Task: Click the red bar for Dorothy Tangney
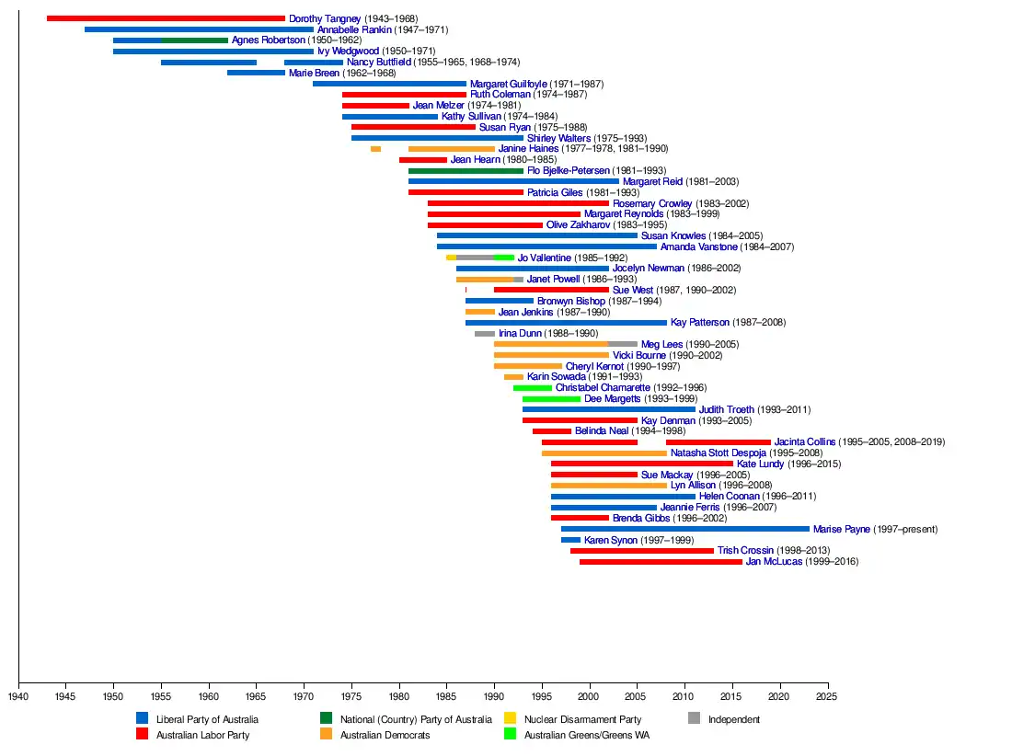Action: click(x=166, y=18)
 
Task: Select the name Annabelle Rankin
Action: click(x=354, y=29)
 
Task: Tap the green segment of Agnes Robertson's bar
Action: click(x=194, y=40)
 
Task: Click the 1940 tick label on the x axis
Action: click(x=18, y=696)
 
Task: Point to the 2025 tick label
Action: click(x=828, y=696)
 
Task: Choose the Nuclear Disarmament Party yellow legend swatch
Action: click(x=510, y=718)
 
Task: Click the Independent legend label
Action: click(x=734, y=719)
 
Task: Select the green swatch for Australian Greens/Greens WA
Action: click(x=510, y=734)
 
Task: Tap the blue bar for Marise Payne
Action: click(x=685, y=529)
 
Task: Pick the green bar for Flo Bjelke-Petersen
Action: click(x=466, y=171)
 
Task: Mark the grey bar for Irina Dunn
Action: click(x=485, y=334)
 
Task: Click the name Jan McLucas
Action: click(x=774, y=562)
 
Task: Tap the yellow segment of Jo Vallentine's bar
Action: click(x=451, y=258)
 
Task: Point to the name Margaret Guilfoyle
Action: click(x=509, y=84)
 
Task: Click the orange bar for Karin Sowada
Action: click(x=513, y=377)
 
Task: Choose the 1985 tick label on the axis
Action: click(x=446, y=696)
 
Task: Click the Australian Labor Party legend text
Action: click(x=202, y=735)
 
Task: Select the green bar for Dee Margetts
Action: click(x=552, y=399)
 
